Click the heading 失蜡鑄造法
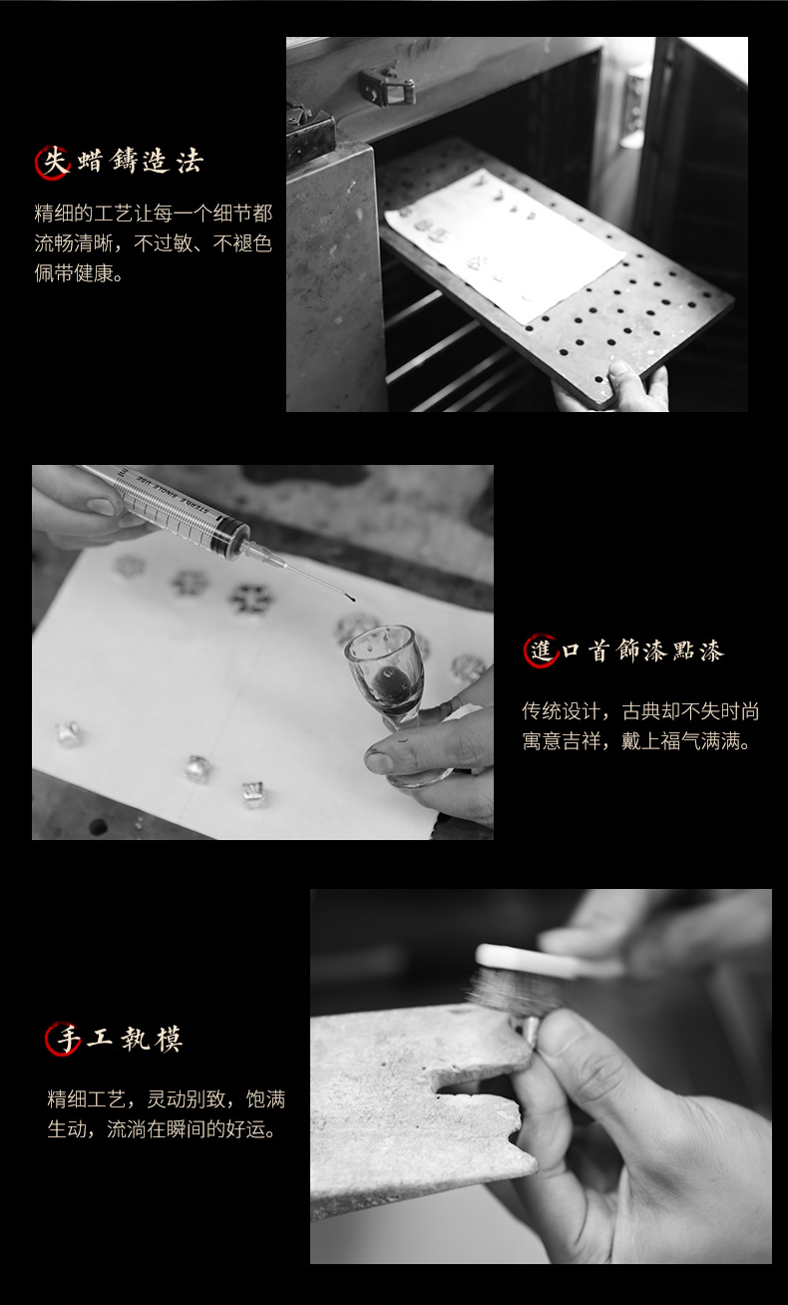[120, 162]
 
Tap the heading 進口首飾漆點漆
[623, 651]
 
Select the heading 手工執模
[114, 1039]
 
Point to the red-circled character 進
[541, 651]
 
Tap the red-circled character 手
[63, 1039]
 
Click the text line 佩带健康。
[79, 273]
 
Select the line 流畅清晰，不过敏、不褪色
[154, 243]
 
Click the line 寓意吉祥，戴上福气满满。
[636, 741]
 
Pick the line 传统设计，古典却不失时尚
[640, 711]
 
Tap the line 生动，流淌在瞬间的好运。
[162, 1129]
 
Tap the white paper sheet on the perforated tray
[505, 244]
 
